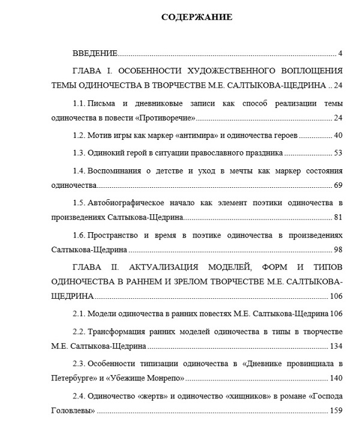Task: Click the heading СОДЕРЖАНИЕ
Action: (x=197, y=17)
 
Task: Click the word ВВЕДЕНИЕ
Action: (x=95, y=53)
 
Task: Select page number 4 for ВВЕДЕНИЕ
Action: (x=340, y=53)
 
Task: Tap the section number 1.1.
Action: (x=78, y=103)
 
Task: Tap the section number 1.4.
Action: (x=78, y=171)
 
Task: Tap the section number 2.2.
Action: (x=78, y=332)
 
